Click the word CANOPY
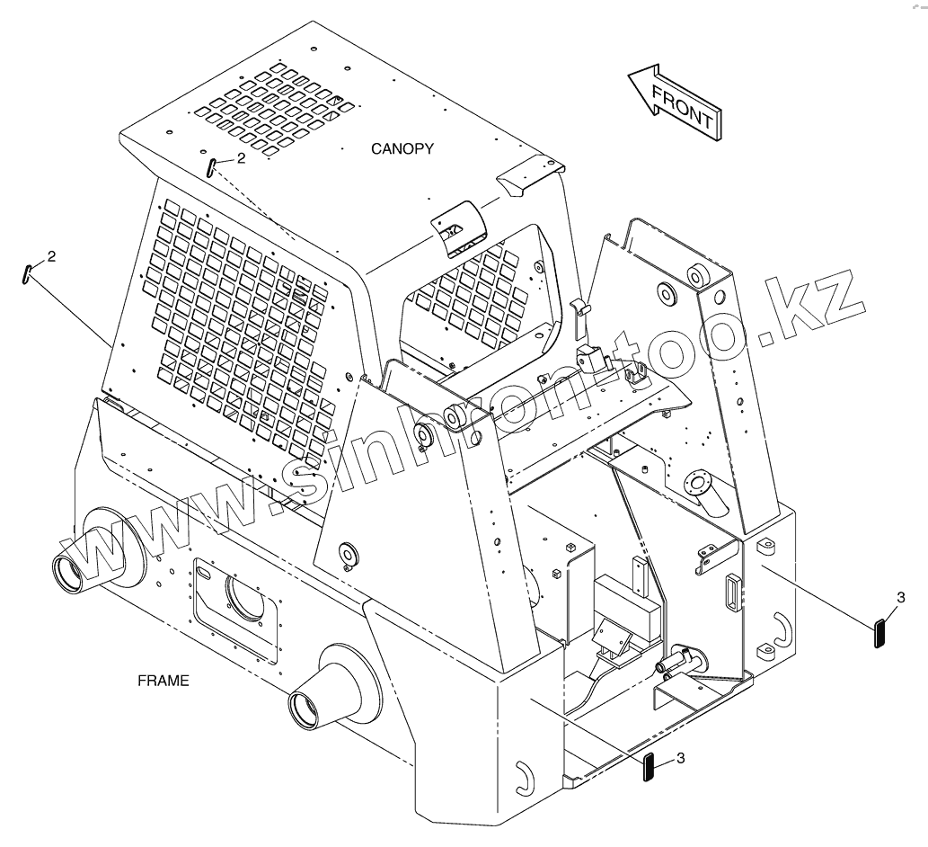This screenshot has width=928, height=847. click(x=402, y=148)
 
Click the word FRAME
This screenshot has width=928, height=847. click(x=164, y=681)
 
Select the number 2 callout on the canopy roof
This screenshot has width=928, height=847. click(x=240, y=158)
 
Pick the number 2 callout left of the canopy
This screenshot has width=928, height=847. click(x=51, y=256)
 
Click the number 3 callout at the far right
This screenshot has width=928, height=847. click(x=901, y=596)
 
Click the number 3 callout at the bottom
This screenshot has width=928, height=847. click(x=680, y=758)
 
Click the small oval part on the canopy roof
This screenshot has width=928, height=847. click(x=210, y=168)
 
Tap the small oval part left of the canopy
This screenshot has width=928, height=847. click(x=27, y=273)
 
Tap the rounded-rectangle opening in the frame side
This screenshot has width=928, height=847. click(x=235, y=600)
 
